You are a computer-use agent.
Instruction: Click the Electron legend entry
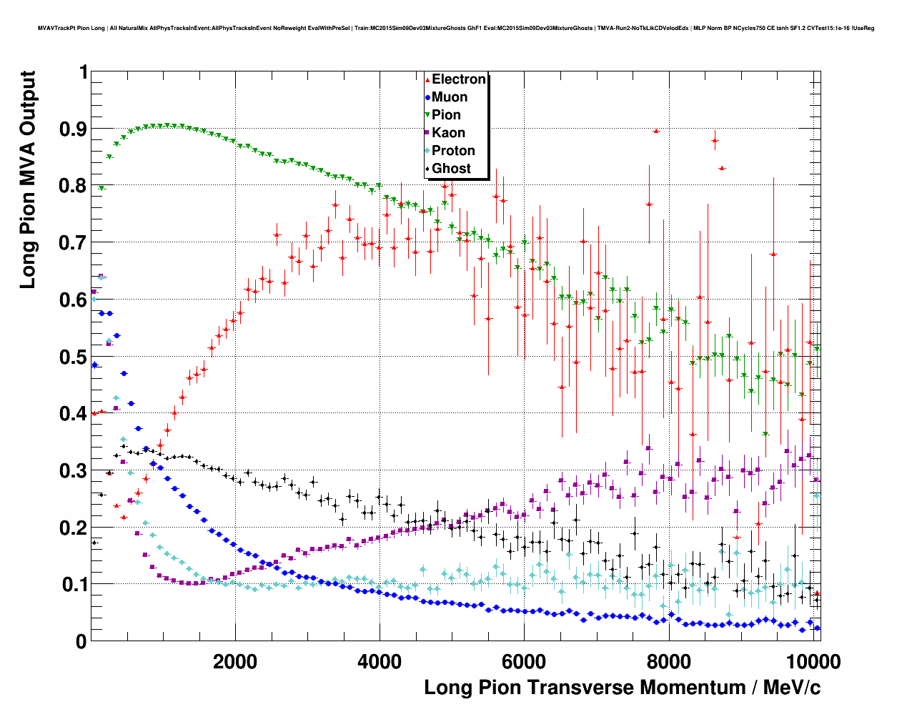click(458, 79)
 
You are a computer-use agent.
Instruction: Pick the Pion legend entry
click(446, 115)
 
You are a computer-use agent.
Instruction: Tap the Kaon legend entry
click(448, 133)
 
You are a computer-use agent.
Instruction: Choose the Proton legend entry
click(453, 151)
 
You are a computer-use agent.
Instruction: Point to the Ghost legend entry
click(451, 169)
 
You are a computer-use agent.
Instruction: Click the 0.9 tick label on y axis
click(74, 129)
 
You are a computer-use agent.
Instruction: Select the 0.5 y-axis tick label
click(74, 357)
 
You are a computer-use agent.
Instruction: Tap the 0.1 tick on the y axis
click(74, 585)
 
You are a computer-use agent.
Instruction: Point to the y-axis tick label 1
click(83, 72)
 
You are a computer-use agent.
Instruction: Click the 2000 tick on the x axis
click(235, 661)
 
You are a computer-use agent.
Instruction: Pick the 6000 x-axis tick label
click(524, 661)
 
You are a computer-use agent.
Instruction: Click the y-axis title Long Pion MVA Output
click(27, 180)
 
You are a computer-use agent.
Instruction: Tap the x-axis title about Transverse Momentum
click(622, 688)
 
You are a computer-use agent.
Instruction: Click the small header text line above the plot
click(455, 29)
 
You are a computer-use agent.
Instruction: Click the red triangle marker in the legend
click(427, 79)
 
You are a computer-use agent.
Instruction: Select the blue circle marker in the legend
click(427, 97)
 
